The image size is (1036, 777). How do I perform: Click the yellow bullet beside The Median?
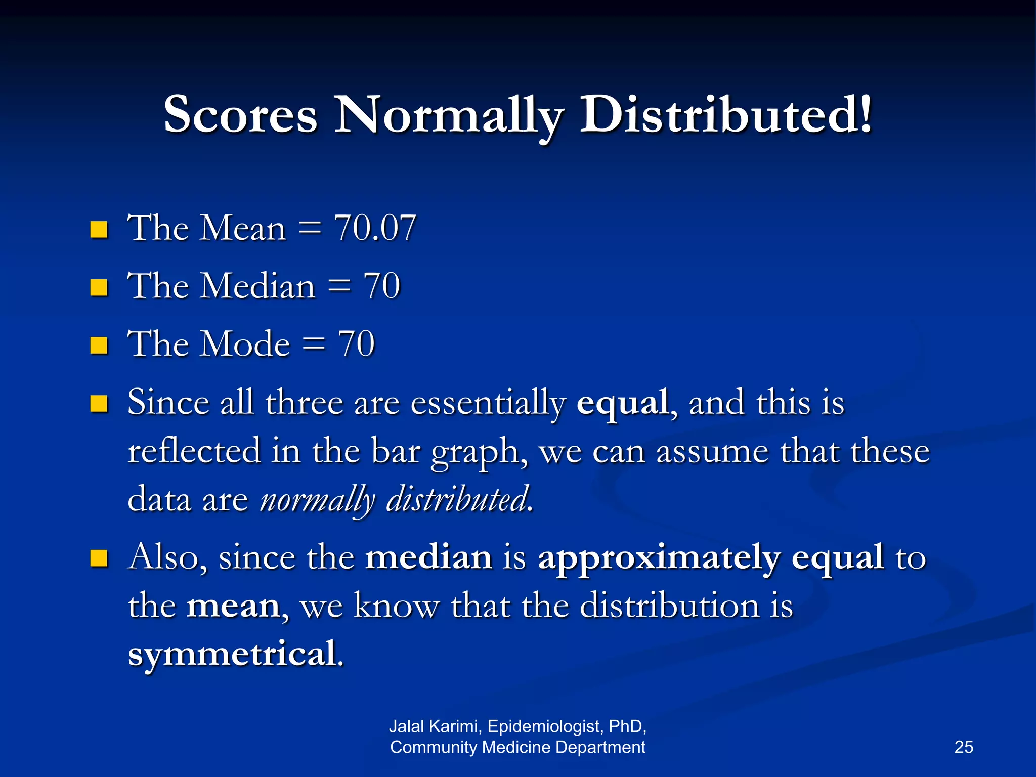point(99,287)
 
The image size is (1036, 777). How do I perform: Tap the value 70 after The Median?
point(382,286)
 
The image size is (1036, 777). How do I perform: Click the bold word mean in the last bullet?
point(233,606)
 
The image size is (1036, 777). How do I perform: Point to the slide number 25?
point(964,747)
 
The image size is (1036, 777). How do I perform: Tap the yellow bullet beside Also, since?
point(99,558)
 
